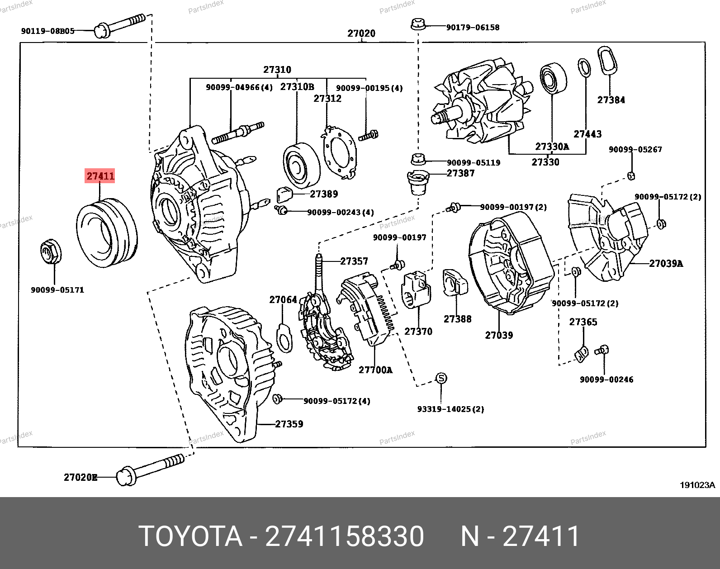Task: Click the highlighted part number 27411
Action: (100, 176)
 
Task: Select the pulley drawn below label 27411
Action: (107, 233)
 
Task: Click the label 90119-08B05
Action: (47, 31)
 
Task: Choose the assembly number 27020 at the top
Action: (361, 33)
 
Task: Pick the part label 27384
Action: (611, 100)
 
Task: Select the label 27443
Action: (587, 134)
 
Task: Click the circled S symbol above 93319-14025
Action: (441, 379)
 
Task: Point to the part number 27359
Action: (289, 424)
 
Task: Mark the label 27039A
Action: (666, 263)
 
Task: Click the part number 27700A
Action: (375, 370)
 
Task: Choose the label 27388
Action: (457, 319)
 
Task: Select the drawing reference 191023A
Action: (697, 485)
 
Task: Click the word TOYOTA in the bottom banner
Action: (190, 536)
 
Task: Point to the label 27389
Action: (324, 194)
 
